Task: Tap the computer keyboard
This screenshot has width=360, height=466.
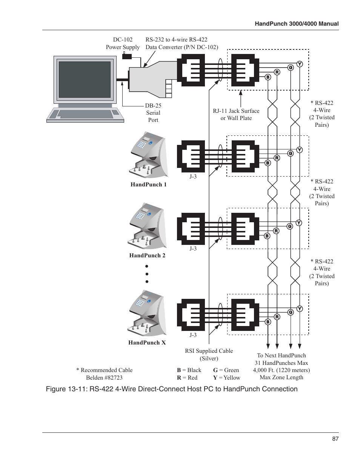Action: [85, 114]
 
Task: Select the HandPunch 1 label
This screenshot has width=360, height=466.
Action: [148, 185]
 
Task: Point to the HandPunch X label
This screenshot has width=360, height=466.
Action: [147, 343]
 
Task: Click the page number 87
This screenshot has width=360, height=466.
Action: [335, 439]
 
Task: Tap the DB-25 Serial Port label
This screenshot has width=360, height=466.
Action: [153, 113]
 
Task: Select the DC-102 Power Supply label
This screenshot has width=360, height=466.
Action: [123, 43]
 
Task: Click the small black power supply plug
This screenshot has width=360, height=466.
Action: [127, 56]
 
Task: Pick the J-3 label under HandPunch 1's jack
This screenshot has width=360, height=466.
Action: [193, 177]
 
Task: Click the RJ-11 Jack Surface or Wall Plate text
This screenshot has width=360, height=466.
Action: [236, 114]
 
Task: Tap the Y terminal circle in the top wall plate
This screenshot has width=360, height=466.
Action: [300, 64]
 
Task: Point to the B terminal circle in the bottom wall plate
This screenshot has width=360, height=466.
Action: [268, 322]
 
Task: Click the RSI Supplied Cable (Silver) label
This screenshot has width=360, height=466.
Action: [209, 355]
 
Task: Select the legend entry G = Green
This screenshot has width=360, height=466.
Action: [226, 370]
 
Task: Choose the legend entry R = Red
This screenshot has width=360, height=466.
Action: [187, 378]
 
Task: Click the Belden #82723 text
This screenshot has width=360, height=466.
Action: [104, 378]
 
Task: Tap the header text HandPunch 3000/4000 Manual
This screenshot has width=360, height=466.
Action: [297, 24]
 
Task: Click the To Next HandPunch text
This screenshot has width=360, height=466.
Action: [282, 355]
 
